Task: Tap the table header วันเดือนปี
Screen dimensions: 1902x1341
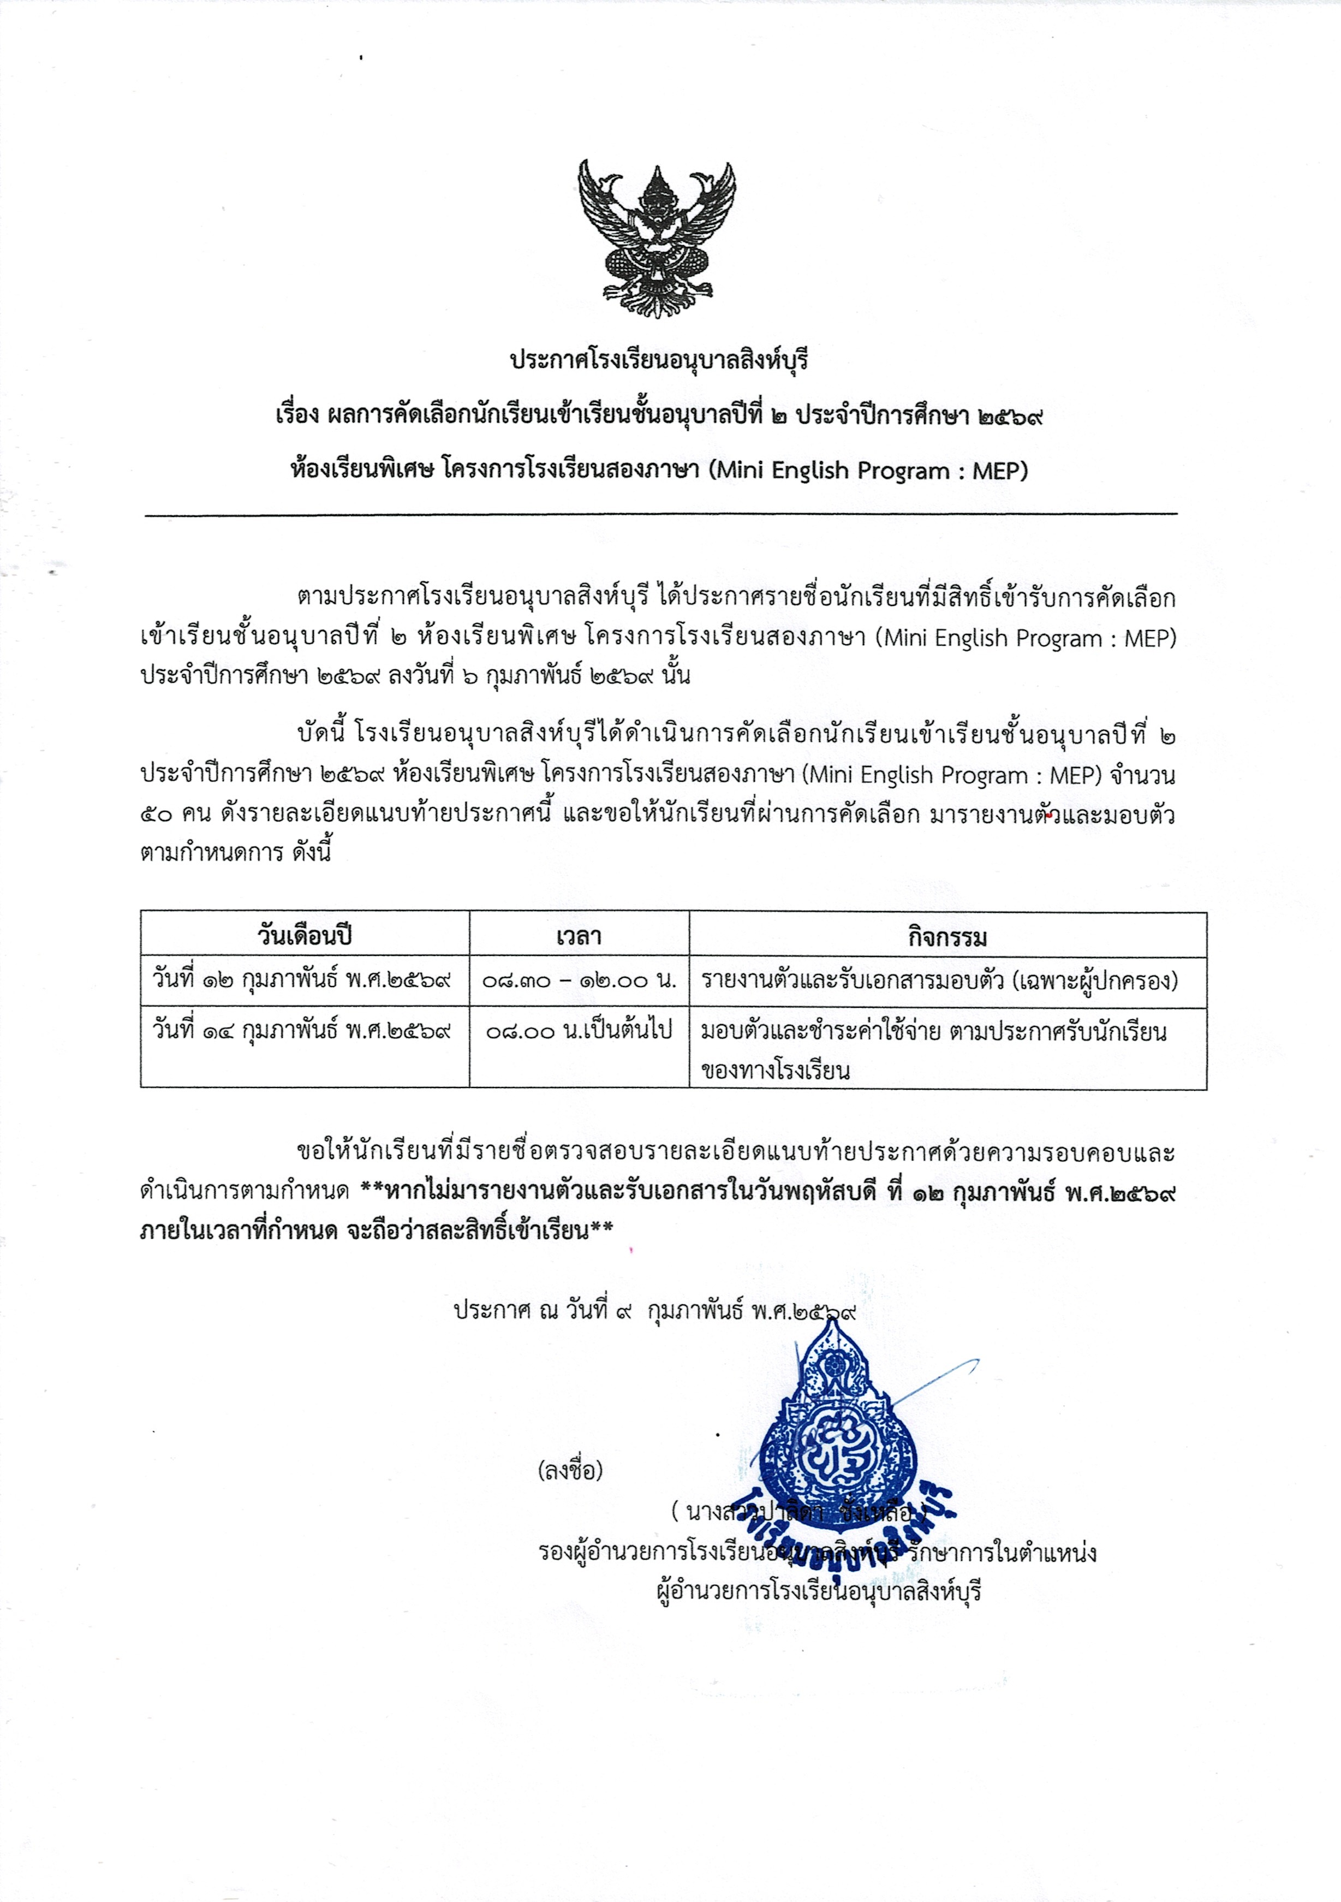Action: (x=305, y=936)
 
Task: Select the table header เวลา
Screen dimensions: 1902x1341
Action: (x=579, y=936)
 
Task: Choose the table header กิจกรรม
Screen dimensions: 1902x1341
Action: (x=947, y=936)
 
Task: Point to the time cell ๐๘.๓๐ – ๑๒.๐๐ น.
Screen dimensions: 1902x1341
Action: (x=579, y=981)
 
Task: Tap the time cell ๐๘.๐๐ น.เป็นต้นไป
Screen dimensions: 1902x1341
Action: (x=579, y=1031)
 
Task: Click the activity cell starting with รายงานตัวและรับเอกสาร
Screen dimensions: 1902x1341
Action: (x=939, y=981)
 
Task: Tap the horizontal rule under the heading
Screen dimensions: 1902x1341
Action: (x=660, y=514)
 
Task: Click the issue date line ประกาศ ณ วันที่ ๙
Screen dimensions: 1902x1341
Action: (x=654, y=1311)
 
